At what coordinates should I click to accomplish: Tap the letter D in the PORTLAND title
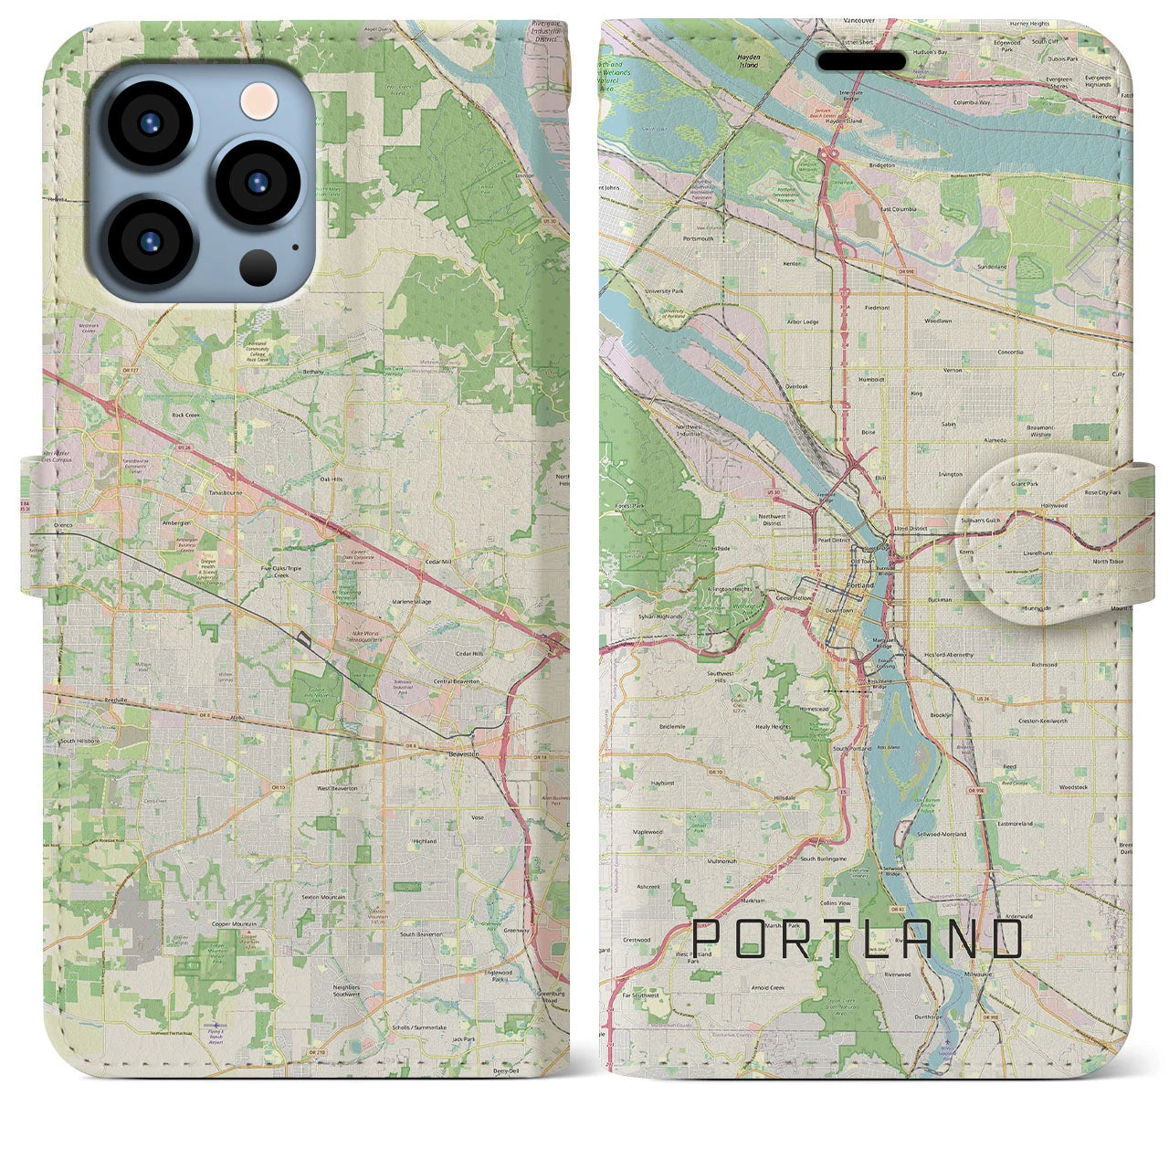(1005, 940)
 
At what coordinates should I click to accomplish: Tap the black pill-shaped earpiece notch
(861, 61)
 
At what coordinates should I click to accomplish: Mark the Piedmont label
(876, 308)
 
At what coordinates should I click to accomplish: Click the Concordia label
(1010, 352)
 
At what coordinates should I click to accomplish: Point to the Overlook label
(796, 386)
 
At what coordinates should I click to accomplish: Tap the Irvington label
(950, 474)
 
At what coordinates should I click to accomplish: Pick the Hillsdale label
(785, 797)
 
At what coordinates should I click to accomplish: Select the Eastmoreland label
(1015, 823)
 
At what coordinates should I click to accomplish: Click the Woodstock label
(1073, 786)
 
